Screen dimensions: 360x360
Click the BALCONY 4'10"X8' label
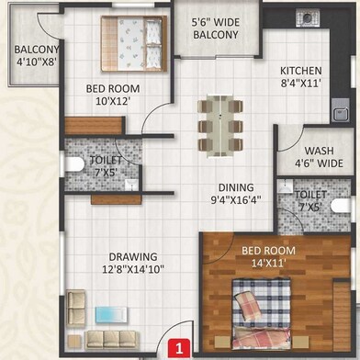point(36,58)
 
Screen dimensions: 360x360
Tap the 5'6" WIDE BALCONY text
point(215,28)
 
